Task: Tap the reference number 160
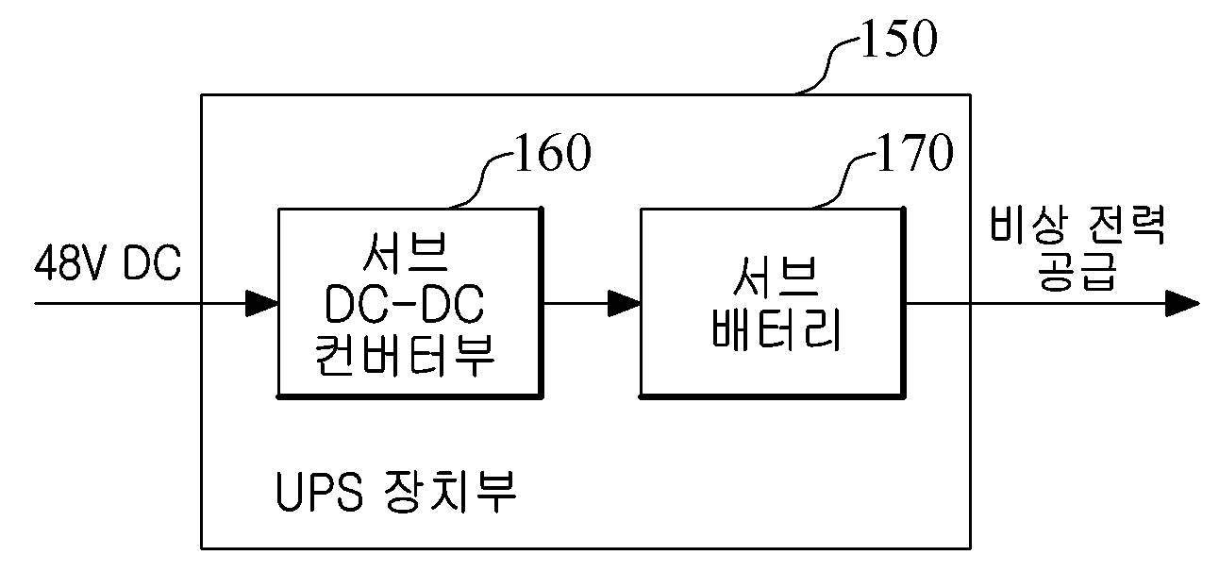pyautogui.click(x=552, y=152)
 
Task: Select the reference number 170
pyautogui.click(x=915, y=152)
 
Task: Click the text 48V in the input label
pyautogui.click(x=69, y=262)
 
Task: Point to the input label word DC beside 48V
pyautogui.click(x=152, y=262)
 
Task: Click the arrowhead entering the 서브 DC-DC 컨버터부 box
pyautogui.click(x=261, y=303)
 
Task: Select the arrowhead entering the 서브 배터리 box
pyautogui.click(x=625, y=303)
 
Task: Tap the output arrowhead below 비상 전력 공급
pyautogui.click(x=1182, y=303)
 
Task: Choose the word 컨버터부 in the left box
pyautogui.click(x=405, y=354)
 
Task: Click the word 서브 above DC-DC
pyautogui.click(x=405, y=253)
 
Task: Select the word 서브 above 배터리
pyautogui.click(x=776, y=277)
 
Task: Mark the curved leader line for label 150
pyautogui.click(x=828, y=65)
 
